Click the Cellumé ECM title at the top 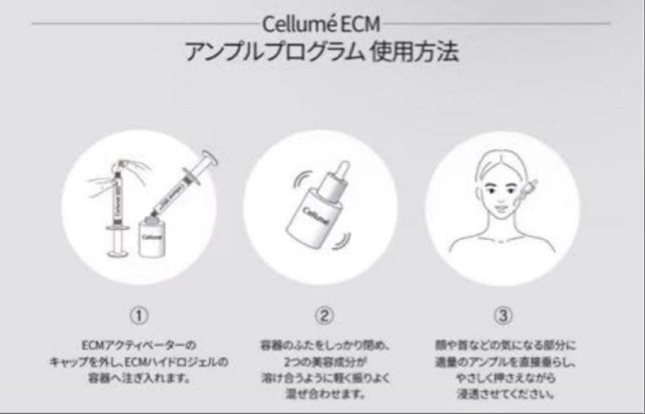pos(321,26)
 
